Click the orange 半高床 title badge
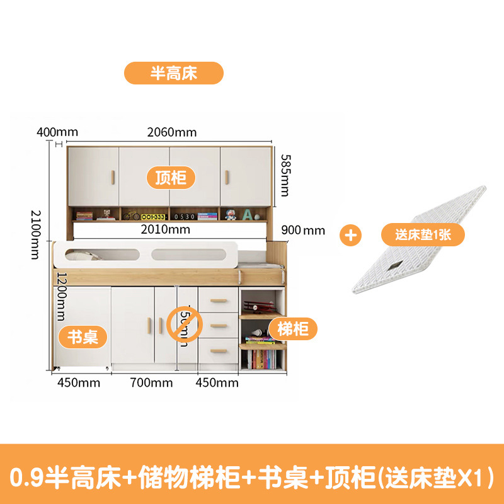(x=173, y=72)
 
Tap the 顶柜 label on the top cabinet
(x=171, y=177)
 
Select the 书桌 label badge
(x=83, y=336)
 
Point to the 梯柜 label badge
(x=293, y=328)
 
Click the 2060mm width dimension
(x=172, y=132)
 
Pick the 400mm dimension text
(x=57, y=132)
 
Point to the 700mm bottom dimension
(x=151, y=382)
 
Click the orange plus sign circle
(x=350, y=235)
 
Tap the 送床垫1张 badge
(x=422, y=235)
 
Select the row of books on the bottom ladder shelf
(x=262, y=360)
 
